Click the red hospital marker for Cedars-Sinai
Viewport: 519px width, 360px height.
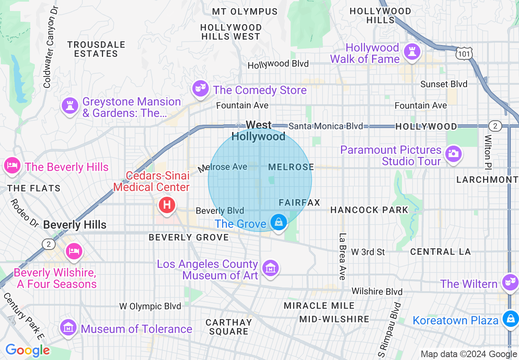pyautogui.click(x=167, y=205)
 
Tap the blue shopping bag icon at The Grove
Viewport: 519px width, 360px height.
pyautogui.click(x=279, y=223)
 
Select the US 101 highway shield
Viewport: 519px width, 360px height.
pyautogui.click(x=464, y=53)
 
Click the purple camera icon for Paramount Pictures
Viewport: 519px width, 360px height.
pyautogui.click(x=453, y=154)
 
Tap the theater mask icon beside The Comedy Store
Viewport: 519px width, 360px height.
pyautogui.click(x=200, y=88)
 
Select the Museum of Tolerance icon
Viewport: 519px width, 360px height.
pyautogui.click(x=68, y=327)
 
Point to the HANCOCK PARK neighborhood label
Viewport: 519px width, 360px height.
pyautogui.click(x=369, y=210)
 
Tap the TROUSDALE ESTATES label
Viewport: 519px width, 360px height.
pyautogui.click(x=96, y=49)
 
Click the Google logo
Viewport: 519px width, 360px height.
pyautogui.click(x=27, y=350)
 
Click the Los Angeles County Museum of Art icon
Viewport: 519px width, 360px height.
pyautogui.click(x=271, y=268)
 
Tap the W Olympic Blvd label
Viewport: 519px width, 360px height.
pyautogui.click(x=150, y=306)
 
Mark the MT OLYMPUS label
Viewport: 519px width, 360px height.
pyautogui.click(x=245, y=12)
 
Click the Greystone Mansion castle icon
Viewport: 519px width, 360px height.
pyautogui.click(x=70, y=106)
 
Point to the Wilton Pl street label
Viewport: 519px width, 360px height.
pyautogui.click(x=488, y=152)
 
